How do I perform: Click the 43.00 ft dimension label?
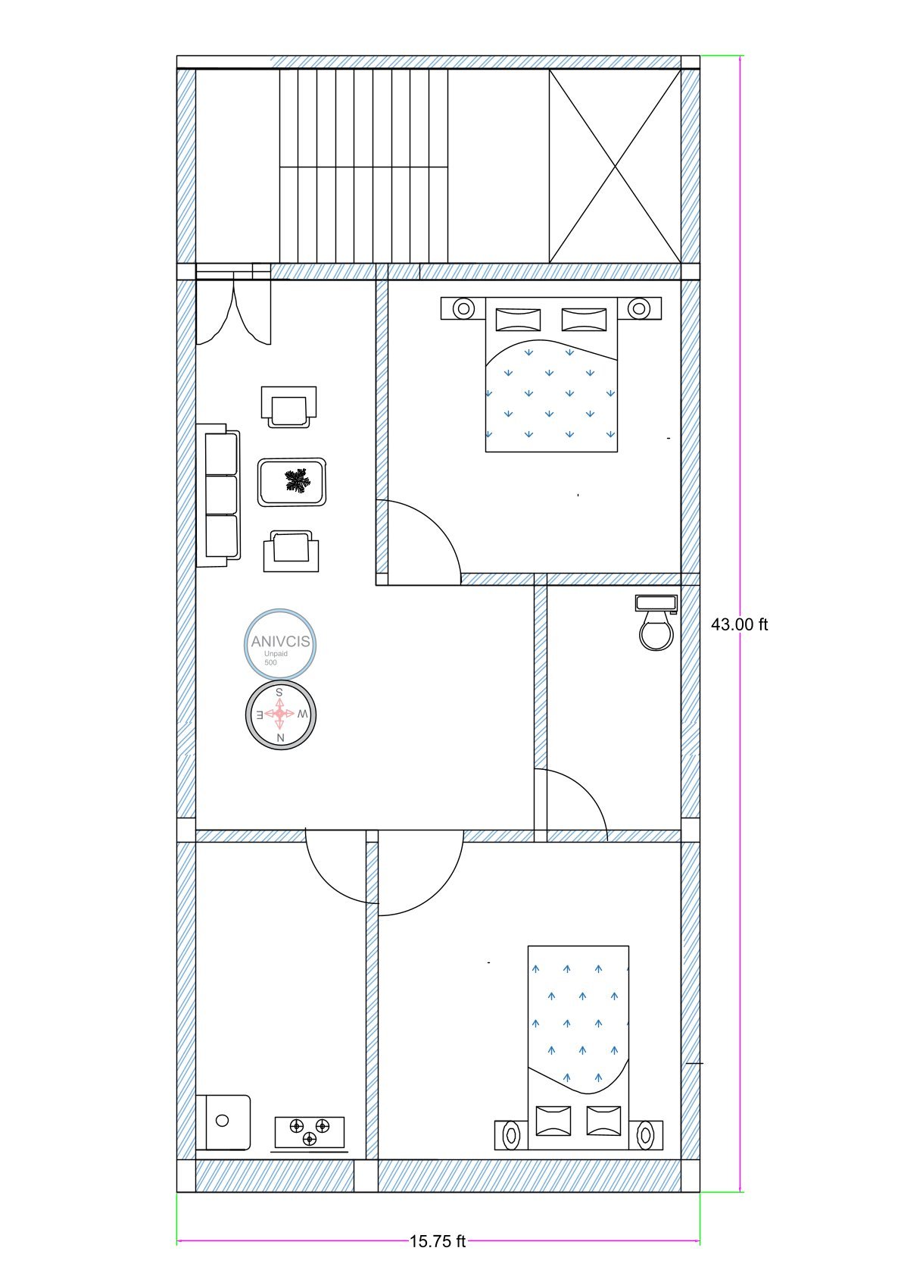739,624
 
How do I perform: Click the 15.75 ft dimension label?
438,1241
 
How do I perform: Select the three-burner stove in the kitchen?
309,1132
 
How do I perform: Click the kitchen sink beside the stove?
223,1121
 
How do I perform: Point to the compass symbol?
280,715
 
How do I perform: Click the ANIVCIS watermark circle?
280,643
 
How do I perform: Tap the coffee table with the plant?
292,482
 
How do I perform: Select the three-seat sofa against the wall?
219,496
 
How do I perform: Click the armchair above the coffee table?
288,407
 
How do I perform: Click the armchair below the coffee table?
291,551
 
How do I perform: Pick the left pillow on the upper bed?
518,319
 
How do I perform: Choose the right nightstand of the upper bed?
640,308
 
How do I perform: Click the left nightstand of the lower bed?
511,1135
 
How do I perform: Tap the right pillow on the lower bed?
603,1120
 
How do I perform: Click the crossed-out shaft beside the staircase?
614,166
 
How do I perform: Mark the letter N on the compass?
280,737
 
